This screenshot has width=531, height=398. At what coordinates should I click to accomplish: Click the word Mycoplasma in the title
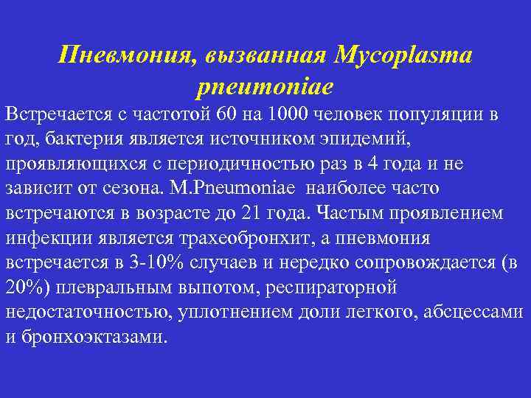(404, 55)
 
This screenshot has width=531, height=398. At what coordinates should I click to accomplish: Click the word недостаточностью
(89, 312)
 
